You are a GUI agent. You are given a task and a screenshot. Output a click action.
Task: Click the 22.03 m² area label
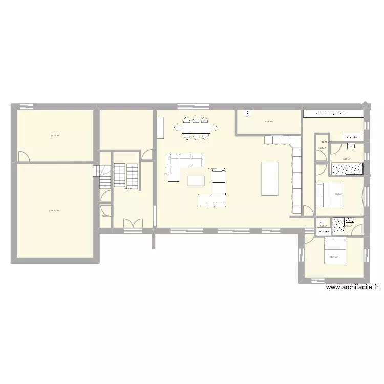pyautogui.click(x=55, y=136)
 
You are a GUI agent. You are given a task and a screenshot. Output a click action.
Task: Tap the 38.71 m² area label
pyautogui.click(x=55, y=210)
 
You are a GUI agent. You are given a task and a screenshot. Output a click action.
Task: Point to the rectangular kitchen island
pyautogui.click(x=270, y=178)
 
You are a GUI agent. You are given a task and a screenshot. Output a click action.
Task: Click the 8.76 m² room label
pyautogui.click(x=268, y=121)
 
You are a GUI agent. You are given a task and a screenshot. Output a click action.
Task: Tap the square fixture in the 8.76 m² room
pyautogui.click(x=249, y=114)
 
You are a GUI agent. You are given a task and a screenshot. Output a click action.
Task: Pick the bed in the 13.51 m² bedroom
pyautogui.click(x=335, y=250)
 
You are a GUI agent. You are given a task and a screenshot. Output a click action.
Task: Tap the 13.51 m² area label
pyautogui.click(x=333, y=258)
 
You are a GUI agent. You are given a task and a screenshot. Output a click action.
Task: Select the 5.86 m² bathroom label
pyautogui.click(x=346, y=159)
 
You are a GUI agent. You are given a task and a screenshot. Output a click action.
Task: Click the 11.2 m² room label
pyautogui.click(x=338, y=194)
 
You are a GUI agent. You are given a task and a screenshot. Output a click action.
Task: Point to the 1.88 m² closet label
pyautogui.click(x=322, y=149)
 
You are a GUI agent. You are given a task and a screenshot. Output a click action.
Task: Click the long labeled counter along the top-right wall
pyautogui.click(x=333, y=114)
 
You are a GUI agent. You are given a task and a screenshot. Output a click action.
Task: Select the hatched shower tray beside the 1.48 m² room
pyautogui.click(x=339, y=223)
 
